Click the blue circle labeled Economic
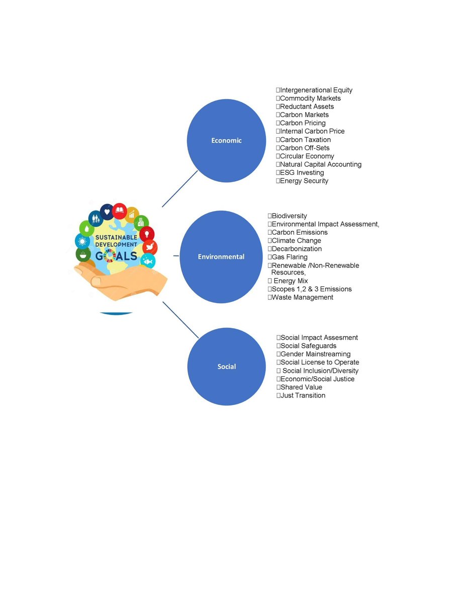click(226, 141)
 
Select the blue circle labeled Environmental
click(221, 257)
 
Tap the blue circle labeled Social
click(226, 366)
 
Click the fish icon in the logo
click(148, 261)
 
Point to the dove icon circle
click(150, 247)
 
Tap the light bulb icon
click(147, 234)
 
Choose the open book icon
click(120, 210)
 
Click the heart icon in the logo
click(107, 211)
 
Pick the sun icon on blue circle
click(82, 241)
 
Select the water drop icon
click(86, 229)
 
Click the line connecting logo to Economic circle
click(179, 188)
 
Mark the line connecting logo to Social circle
click(180, 320)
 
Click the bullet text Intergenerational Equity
click(316, 90)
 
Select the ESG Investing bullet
click(302, 173)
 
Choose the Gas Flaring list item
click(289, 257)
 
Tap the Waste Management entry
click(302, 297)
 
